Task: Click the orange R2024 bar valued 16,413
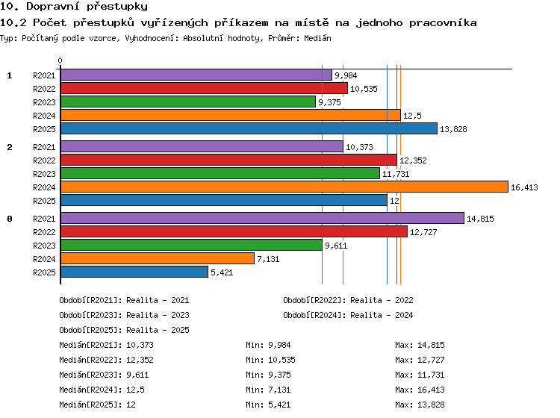coord(284,187)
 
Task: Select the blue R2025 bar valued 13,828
coord(249,128)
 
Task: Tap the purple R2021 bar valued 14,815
coord(263,218)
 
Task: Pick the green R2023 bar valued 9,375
coord(188,102)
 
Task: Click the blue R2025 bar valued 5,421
coord(134,272)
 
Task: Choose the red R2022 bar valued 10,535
coord(205,88)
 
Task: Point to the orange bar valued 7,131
coord(158,258)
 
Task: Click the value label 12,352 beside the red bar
coord(413,160)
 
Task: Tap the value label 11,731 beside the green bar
coord(396,174)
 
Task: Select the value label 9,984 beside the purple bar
coord(346,75)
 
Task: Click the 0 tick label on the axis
coord(60,60)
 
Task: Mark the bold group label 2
coord(10,147)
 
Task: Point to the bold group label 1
coord(10,75)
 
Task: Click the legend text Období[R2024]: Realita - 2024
coord(348,315)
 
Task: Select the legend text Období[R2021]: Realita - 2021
coord(124,300)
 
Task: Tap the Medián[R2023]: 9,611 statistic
coord(104,375)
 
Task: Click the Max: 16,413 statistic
coord(420,390)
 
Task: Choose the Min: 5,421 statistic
coord(268,405)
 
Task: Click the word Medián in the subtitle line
coord(317,38)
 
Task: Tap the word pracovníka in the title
coord(443,23)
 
